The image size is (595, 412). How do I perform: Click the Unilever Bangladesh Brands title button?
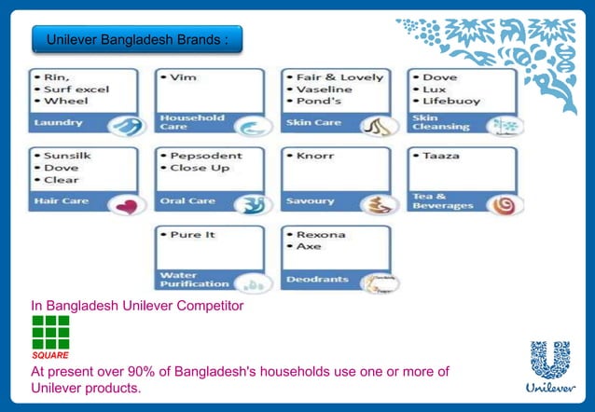point(136,40)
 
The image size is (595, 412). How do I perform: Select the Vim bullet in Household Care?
point(184,77)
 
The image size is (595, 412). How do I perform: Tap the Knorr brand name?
point(314,156)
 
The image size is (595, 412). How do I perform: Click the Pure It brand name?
point(192,235)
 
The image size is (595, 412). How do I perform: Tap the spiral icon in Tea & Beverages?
point(502,204)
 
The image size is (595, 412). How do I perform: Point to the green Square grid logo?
point(50,332)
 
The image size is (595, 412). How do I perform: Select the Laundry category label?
point(59,122)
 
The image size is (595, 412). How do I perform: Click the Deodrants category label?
point(319,279)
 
